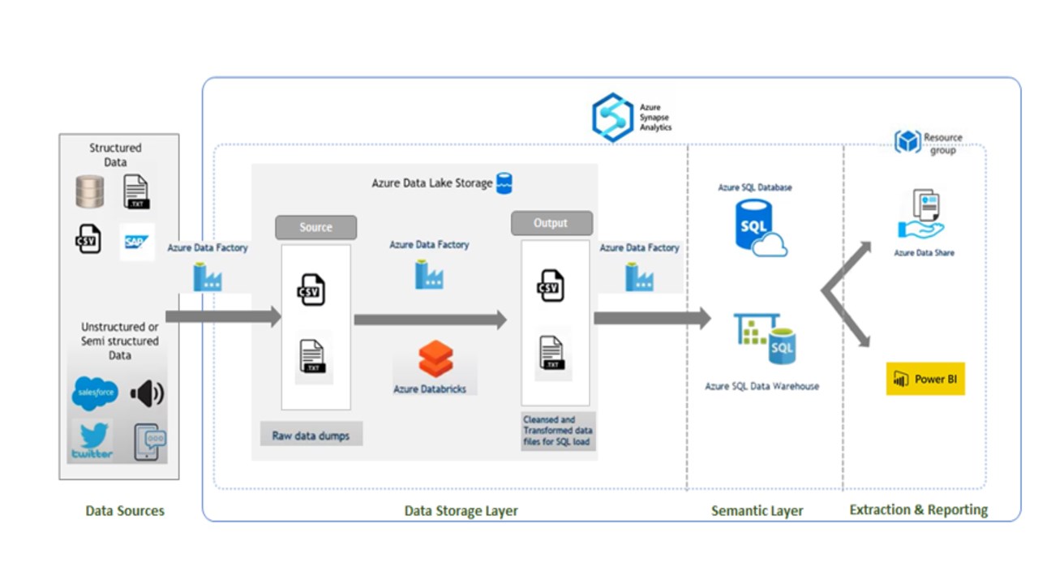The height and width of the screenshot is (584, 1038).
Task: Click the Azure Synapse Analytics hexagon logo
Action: click(612, 118)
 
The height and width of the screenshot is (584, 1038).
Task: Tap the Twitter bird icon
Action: click(92, 439)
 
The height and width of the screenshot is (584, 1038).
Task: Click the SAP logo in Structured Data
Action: click(137, 242)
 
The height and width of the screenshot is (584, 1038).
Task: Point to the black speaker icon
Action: click(147, 393)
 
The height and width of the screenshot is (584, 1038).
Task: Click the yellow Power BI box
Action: click(925, 379)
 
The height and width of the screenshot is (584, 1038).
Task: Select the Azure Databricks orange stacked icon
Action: click(435, 359)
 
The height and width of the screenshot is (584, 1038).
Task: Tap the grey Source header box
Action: click(315, 227)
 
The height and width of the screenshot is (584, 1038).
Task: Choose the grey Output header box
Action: click(551, 223)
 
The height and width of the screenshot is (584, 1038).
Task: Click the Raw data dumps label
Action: click(311, 436)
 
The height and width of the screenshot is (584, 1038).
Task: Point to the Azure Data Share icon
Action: click(922, 215)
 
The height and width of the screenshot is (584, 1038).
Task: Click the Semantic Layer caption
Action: click(757, 511)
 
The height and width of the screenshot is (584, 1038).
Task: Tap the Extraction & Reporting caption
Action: click(918, 510)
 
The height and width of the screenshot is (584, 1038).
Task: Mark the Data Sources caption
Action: click(125, 511)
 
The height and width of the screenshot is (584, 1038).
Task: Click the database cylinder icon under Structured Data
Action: click(89, 191)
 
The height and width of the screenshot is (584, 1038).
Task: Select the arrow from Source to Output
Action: click(430, 320)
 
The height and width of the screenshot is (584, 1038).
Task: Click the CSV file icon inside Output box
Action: click(551, 286)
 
